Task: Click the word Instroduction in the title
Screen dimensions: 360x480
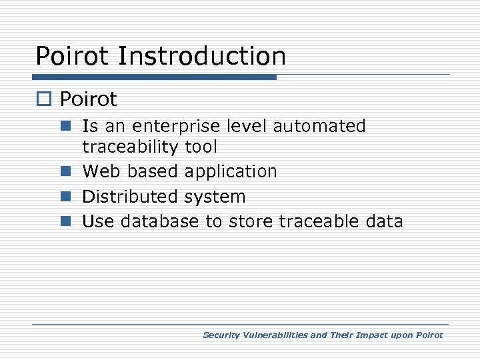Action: point(202,56)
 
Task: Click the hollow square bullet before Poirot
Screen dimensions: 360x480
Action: point(45,100)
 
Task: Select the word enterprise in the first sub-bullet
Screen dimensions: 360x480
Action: point(171,126)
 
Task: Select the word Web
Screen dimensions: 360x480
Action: point(102,171)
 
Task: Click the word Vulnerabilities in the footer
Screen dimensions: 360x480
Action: point(273,335)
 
